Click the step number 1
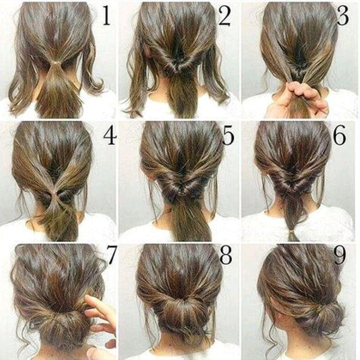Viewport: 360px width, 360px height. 106,15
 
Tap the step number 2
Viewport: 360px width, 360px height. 224,15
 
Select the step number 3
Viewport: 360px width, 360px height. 343,15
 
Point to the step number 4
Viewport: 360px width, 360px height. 110,136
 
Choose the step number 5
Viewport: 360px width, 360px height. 228,136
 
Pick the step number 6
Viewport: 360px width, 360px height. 339,136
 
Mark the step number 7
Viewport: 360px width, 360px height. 111,255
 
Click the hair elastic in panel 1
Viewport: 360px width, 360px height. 56,63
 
